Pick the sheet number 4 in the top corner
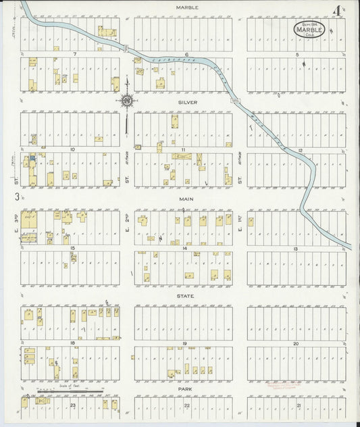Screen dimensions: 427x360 336,11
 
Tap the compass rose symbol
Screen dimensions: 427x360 126,101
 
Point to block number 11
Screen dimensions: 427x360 183,149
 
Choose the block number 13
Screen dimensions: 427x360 296,249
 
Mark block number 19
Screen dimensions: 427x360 183,344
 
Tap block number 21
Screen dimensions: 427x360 296,404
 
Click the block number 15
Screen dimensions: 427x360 72,249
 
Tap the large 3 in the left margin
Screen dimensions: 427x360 16,197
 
